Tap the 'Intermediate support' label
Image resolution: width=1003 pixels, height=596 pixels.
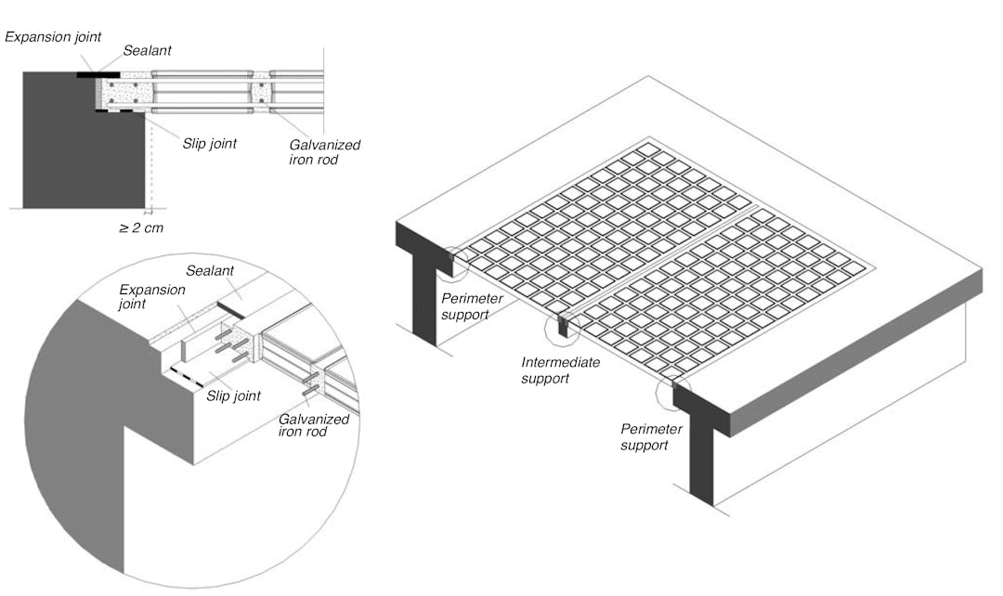(560, 369)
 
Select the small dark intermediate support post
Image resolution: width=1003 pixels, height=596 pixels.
(562, 327)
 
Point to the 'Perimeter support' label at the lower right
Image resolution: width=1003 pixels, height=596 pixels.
(651, 437)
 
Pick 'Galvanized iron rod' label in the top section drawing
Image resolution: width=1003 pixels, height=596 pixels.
(325, 152)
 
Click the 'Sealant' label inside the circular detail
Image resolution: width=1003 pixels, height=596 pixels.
(208, 270)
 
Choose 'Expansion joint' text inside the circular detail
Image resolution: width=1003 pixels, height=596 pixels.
(152, 296)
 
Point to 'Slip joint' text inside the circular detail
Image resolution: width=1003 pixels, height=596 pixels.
(235, 396)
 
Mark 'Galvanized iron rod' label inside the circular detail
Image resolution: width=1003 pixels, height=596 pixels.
(314, 426)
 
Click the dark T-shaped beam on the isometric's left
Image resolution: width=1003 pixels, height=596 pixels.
(422, 279)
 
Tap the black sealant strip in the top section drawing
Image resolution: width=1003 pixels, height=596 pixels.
(98, 72)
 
